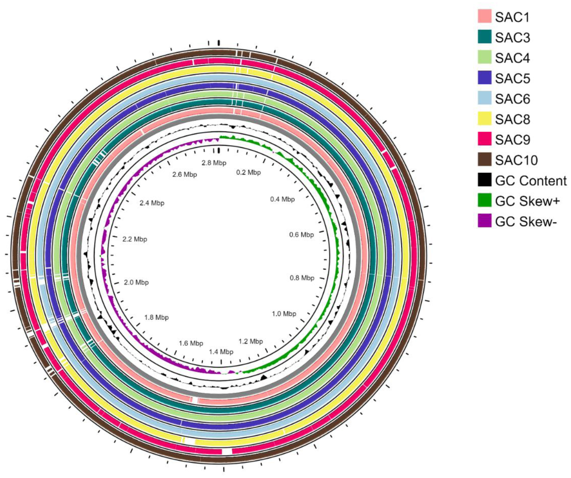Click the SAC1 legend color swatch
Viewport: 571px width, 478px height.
(485, 17)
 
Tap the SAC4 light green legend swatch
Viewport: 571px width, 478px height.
(485, 58)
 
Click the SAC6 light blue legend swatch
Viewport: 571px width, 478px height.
(485, 99)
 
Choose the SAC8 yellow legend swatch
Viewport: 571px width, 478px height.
(485, 119)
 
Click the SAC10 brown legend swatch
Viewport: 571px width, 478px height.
(485, 160)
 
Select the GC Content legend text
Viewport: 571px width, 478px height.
(531, 181)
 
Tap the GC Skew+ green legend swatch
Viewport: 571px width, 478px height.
(485, 201)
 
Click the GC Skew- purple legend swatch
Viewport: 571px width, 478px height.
(485, 222)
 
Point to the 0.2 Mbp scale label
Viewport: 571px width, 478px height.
(248, 172)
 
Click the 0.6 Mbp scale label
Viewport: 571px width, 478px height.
(302, 235)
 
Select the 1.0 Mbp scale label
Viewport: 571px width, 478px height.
(284, 314)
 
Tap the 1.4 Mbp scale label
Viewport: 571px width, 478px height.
(221, 352)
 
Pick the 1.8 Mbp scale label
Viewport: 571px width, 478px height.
(156, 318)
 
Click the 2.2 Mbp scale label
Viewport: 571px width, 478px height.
(135, 239)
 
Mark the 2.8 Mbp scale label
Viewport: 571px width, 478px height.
(214, 163)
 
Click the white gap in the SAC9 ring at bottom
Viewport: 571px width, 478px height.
(227, 451)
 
